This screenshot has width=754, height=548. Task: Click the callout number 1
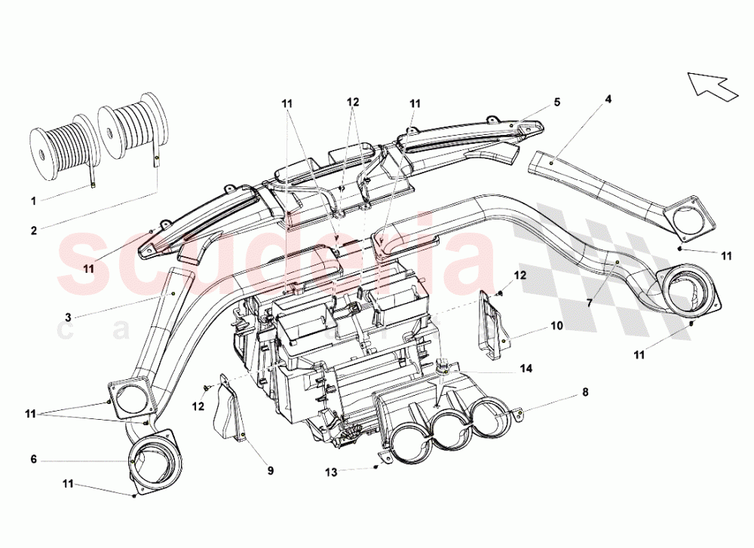(34, 201)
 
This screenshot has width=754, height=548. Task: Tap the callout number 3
(68, 318)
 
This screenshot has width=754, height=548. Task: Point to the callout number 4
(608, 98)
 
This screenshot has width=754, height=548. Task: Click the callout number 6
(34, 458)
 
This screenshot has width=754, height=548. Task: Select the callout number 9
(270, 471)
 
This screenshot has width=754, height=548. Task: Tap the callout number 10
(556, 327)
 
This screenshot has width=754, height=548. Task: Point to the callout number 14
(526, 369)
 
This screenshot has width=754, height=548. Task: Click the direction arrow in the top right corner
(712, 84)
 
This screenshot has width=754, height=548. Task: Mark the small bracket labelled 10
(491, 326)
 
